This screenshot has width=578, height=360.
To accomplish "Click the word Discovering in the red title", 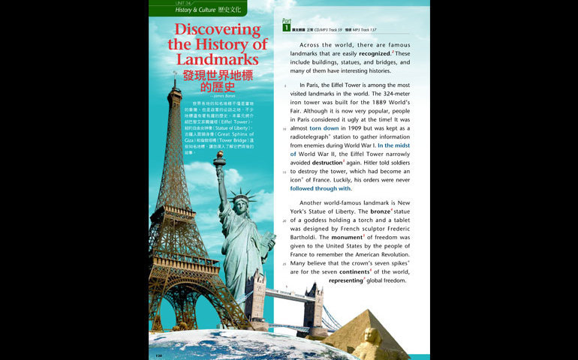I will [x=218, y=31].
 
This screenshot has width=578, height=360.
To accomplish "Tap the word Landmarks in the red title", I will [x=218, y=58].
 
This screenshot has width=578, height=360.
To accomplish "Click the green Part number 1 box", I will [x=287, y=27].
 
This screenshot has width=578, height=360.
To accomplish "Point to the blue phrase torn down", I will [x=324, y=128].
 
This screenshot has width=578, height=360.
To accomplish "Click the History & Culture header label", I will [x=194, y=10].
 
